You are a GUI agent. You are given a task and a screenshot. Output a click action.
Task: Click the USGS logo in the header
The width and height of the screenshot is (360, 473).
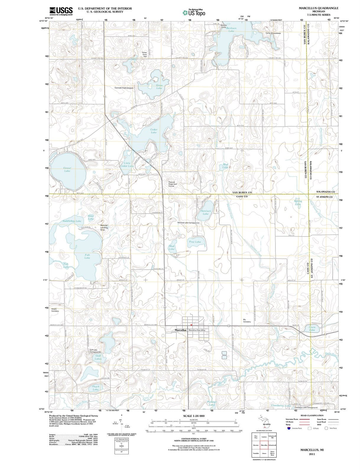[61, 11]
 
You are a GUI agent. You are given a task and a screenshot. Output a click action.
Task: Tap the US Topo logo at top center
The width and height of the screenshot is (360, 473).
[194, 13]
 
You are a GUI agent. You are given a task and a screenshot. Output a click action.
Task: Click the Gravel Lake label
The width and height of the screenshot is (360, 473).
[67, 169]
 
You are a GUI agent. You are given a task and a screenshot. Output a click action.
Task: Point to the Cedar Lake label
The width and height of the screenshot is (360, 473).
[154, 131]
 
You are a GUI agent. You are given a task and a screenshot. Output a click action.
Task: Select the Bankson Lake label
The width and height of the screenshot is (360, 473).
[231, 29]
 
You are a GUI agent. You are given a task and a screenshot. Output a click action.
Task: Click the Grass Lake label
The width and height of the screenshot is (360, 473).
[159, 87]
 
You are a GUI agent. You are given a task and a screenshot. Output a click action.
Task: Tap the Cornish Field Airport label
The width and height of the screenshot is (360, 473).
[124, 88]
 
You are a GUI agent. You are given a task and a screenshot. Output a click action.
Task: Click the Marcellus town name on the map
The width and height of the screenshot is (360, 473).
[181, 330]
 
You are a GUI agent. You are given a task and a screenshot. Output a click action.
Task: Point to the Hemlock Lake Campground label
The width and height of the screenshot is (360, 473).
[188, 223]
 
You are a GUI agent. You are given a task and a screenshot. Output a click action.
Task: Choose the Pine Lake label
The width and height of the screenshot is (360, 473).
[195, 242]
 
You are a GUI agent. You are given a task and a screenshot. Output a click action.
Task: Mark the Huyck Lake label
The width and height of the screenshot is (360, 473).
[95, 388]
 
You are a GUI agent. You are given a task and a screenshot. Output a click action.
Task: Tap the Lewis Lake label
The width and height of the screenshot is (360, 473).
[312, 328]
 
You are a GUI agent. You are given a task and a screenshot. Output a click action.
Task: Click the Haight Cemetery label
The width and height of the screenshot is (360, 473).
[55, 310]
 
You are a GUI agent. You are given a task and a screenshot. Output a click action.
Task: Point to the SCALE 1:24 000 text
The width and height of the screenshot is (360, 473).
[194, 416]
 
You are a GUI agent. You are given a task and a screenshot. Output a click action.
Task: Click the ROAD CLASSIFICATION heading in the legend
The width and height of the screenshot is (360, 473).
[312, 415]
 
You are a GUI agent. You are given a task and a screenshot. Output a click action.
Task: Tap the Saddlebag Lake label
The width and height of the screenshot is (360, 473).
[72, 221]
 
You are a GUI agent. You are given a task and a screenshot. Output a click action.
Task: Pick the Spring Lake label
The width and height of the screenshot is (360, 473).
[298, 203]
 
